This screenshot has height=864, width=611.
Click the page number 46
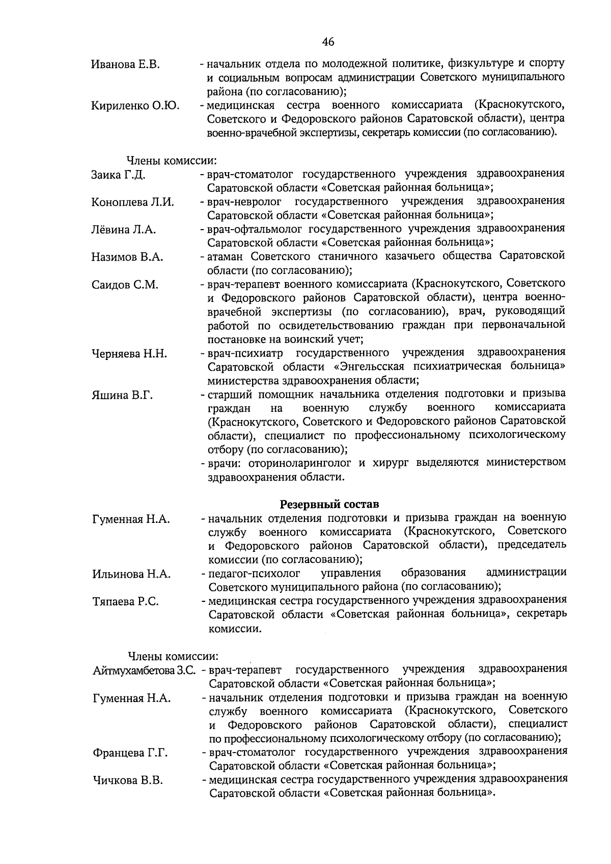tap(328, 42)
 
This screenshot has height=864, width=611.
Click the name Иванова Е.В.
tap(125, 65)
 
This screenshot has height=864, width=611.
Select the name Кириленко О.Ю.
tap(135, 106)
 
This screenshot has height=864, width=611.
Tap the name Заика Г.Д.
tap(119, 175)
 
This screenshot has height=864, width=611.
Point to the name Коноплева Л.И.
tap(132, 202)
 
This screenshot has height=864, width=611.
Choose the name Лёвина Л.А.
tap(123, 230)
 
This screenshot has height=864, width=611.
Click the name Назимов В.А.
tap(127, 257)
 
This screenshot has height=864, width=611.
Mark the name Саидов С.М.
tap(125, 285)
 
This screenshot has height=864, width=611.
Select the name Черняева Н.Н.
tap(129, 354)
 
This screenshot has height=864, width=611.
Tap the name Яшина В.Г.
tap(122, 395)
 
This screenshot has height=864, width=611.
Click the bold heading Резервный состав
tap(329, 505)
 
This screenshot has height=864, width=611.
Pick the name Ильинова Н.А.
tap(131, 574)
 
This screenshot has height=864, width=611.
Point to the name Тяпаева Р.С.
tap(125, 602)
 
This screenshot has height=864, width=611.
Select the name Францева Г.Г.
tap(130, 753)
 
